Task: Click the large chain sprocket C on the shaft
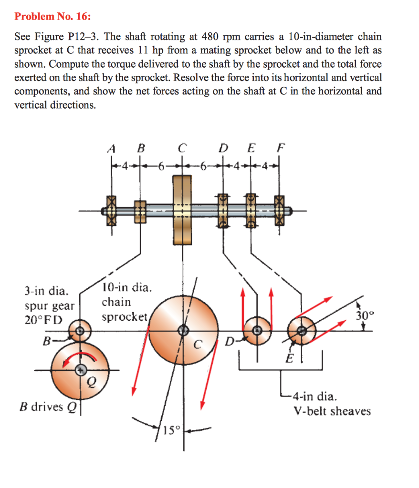coord(182,210)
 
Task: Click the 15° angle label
coord(169,432)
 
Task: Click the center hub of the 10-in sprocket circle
coord(183,330)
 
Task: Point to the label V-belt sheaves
coord(332,411)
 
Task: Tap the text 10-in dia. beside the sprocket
coord(126,288)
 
